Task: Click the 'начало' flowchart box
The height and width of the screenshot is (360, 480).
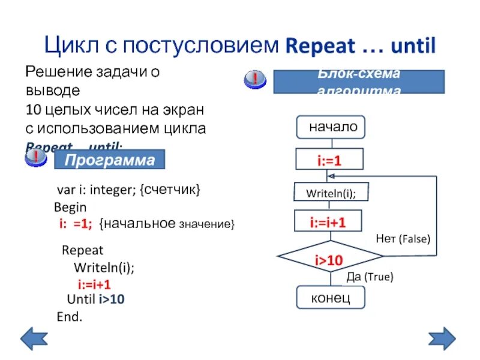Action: [x=331, y=127]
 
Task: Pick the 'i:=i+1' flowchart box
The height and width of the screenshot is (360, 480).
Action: [x=329, y=223]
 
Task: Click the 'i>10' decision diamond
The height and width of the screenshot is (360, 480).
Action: [x=330, y=259]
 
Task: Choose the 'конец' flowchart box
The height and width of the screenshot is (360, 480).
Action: [x=331, y=297]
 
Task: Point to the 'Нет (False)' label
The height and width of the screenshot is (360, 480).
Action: [x=403, y=239]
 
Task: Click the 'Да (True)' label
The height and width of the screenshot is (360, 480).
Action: [x=370, y=277]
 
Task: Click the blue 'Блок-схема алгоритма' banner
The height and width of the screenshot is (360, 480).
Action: [x=359, y=82]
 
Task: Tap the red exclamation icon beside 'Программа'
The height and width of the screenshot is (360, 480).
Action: [x=36, y=158]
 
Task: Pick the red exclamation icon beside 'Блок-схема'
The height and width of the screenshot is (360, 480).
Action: [x=255, y=79]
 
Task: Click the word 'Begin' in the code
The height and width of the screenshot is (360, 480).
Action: [x=70, y=208]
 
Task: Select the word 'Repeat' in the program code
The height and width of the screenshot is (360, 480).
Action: [x=83, y=250]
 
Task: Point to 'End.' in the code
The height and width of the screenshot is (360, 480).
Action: [x=69, y=316]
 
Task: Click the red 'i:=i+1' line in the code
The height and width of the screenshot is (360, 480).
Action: [x=94, y=284]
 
